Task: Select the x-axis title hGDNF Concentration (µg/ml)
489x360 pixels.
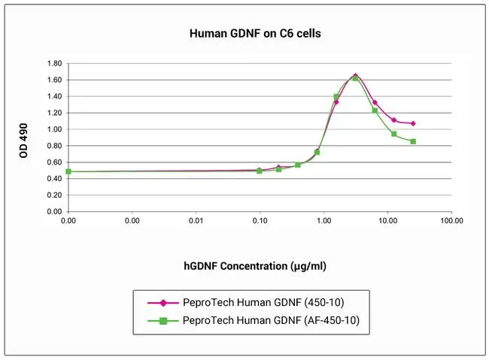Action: tap(255, 266)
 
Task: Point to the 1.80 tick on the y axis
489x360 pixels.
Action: tap(53, 63)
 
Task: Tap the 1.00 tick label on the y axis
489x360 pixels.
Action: tap(53, 129)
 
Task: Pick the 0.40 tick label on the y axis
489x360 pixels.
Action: tap(53, 179)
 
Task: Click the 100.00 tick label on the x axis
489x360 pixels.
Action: tap(451, 222)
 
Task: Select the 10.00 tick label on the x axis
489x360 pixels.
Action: tap(387, 222)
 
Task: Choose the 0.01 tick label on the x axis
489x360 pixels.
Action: tap(196, 222)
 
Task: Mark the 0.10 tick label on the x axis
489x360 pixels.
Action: tap(260, 222)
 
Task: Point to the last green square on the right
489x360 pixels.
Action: tap(413, 141)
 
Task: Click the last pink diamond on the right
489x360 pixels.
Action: tap(413, 123)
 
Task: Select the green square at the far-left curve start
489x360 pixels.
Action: tap(68, 171)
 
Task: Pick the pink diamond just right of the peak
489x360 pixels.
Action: tap(375, 102)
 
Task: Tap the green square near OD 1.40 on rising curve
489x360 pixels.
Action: tap(336, 96)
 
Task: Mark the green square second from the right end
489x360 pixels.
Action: tap(393, 134)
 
